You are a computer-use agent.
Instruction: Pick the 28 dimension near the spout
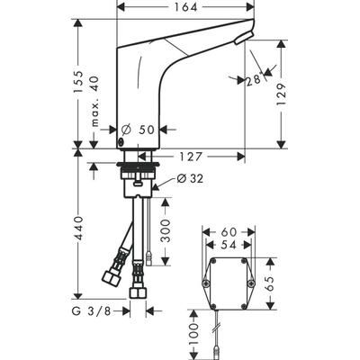click(x=256, y=80)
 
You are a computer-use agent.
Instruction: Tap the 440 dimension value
click(x=79, y=230)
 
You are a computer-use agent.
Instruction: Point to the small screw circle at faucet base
click(x=121, y=143)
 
